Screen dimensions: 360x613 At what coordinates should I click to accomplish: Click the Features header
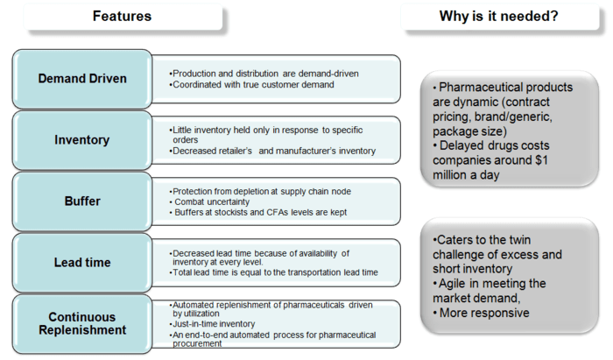tap(122, 16)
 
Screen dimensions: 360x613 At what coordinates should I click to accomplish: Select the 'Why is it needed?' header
tap(500, 16)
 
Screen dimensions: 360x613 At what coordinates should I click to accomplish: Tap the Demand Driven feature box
tap(82, 78)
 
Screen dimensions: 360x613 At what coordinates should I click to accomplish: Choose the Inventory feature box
tap(82, 139)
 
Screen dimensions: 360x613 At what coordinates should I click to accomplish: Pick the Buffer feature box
tap(82, 201)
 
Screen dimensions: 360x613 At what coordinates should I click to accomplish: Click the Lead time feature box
tap(82, 261)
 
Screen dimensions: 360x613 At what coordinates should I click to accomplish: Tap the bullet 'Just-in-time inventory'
tap(215, 324)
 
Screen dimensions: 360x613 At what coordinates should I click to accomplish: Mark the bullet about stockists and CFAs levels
tap(254, 212)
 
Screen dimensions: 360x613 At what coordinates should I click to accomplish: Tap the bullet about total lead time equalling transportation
tap(274, 272)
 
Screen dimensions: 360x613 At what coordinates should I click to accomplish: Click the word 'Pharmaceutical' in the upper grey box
tap(483, 88)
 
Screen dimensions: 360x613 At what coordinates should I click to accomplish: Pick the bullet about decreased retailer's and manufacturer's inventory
tap(272, 151)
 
